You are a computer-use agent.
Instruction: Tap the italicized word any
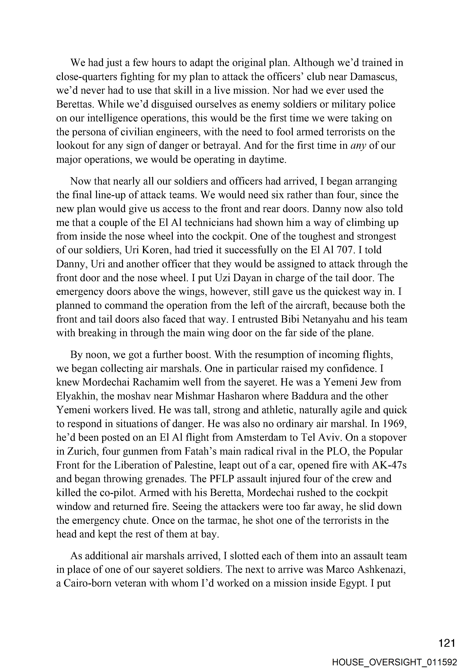358,146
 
